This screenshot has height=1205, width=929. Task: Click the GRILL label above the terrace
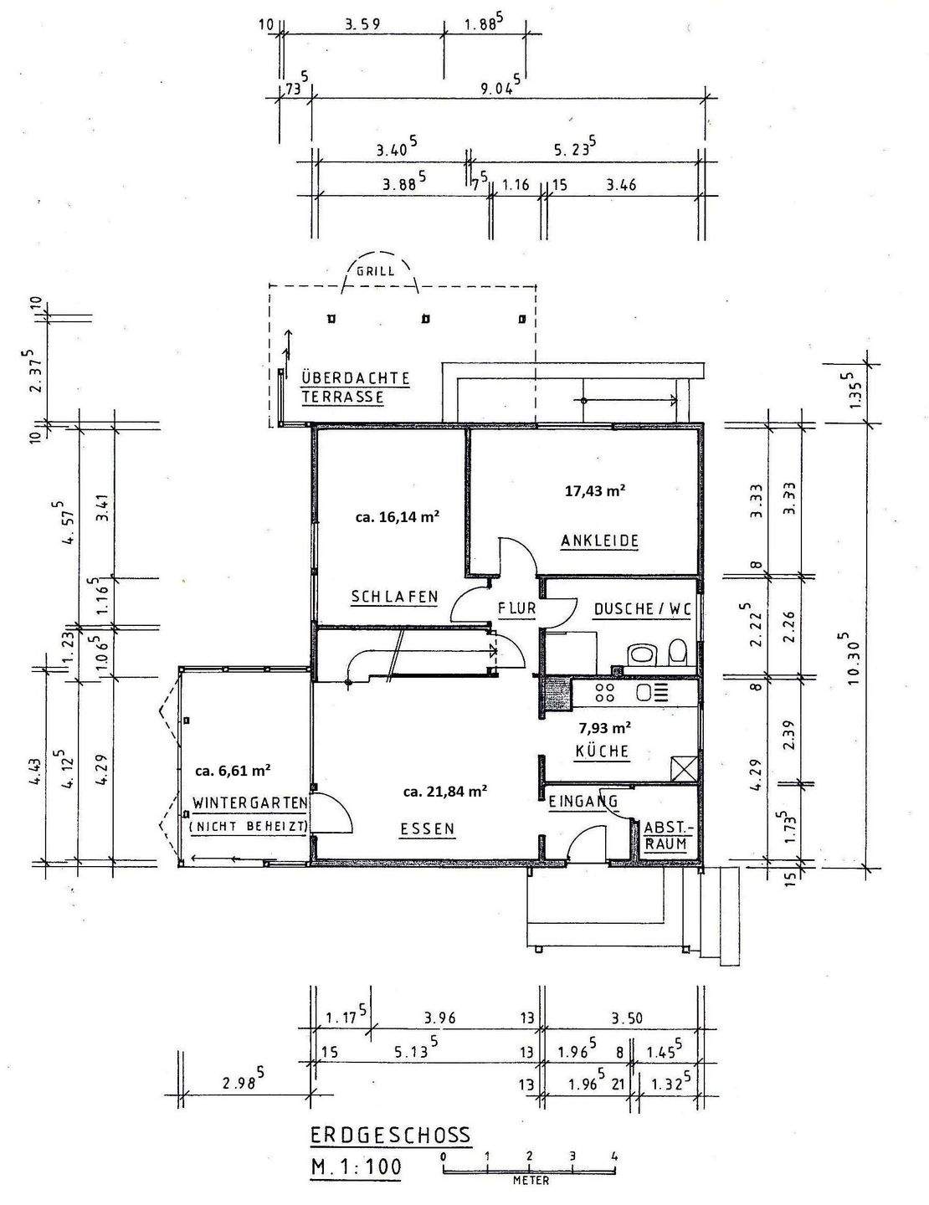(x=375, y=272)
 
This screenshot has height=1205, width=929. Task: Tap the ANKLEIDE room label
(x=599, y=541)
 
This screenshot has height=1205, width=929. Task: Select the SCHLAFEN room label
(x=394, y=597)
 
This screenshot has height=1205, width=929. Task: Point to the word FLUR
(x=516, y=608)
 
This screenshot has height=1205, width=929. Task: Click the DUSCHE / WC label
(x=642, y=609)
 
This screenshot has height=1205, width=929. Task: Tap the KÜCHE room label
(x=602, y=751)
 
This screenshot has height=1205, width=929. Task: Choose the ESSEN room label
(x=427, y=829)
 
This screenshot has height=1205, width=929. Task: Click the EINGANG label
(x=583, y=802)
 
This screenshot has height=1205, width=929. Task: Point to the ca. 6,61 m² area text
(x=232, y=770)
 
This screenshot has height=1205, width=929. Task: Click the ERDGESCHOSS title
(x=391, y=1136)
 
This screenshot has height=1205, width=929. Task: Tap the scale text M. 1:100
(x=356, y=1167)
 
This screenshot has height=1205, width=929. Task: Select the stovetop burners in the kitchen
(x=604, y=693)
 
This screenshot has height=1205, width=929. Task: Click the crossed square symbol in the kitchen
(x=682, y=768)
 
